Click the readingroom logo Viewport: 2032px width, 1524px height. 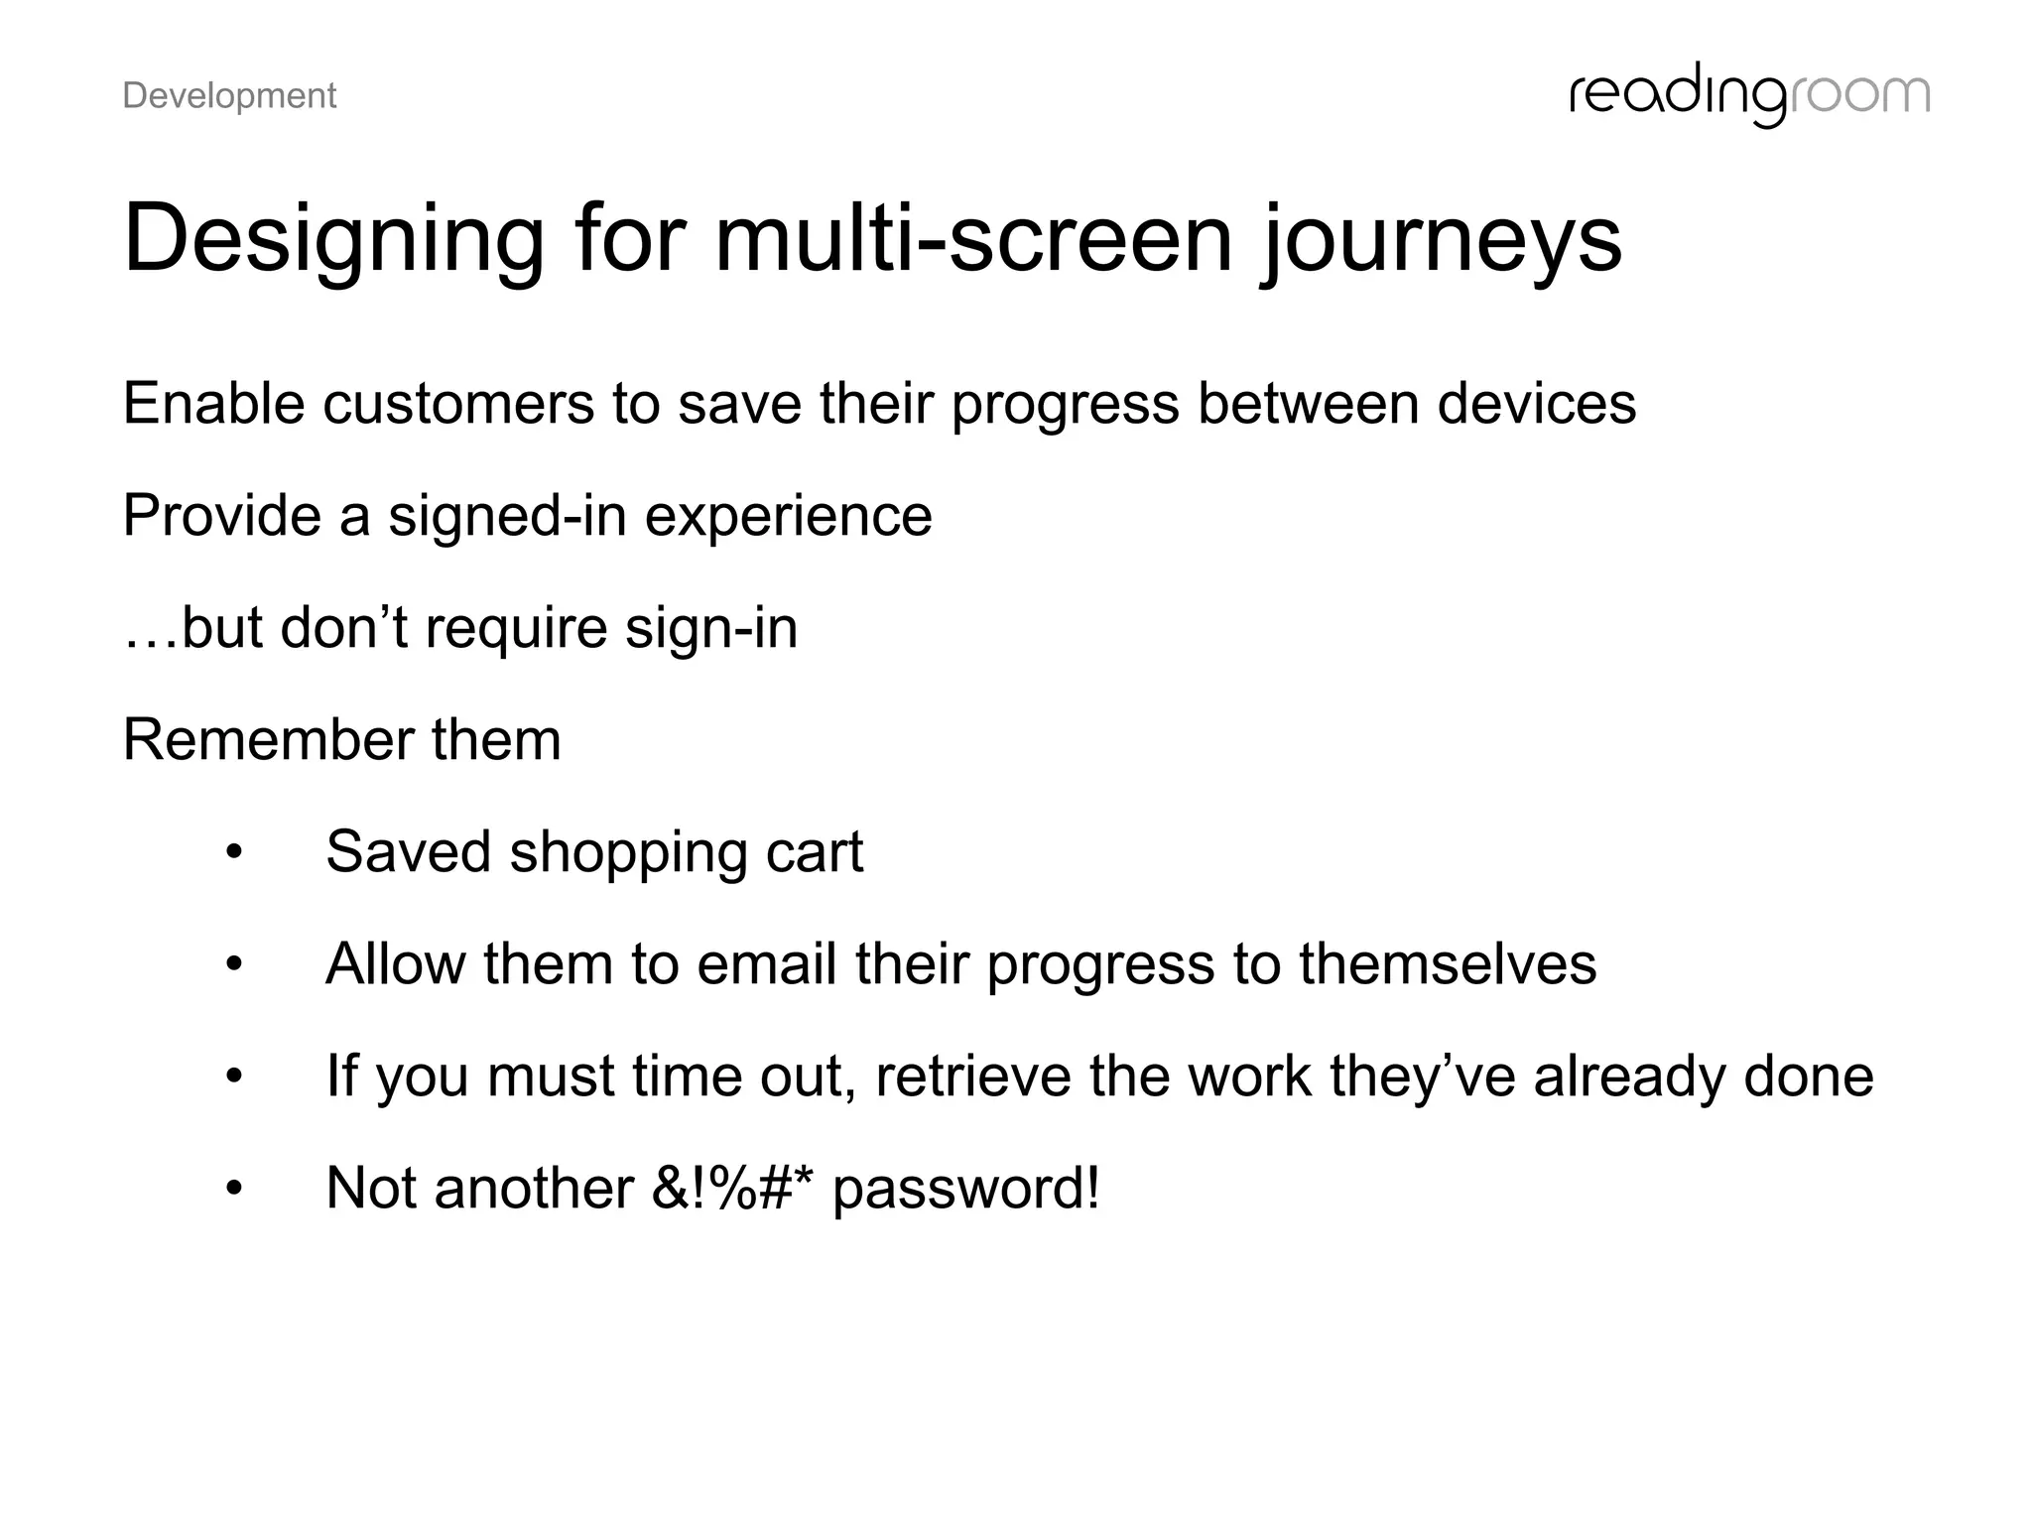coord(1749,96)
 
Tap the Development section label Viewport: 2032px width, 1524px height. coord(229,96)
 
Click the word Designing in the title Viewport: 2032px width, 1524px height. coord(333,240)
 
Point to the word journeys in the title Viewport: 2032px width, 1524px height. coord(1442,240)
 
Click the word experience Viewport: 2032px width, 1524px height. coord(788,516)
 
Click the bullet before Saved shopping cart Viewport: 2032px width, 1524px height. coord(234,852)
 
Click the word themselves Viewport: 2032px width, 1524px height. coord(1448,964)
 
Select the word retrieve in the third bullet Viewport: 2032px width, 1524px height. coord(972,1077)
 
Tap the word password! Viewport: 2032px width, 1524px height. coord(965,1189)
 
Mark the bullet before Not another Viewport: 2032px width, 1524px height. coord(234,1189)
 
